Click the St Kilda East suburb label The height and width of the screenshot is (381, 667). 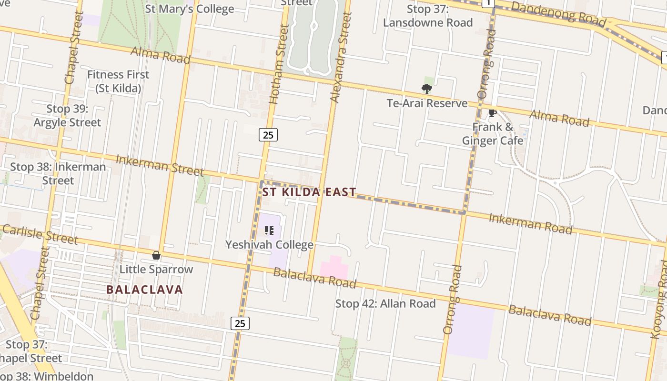309,192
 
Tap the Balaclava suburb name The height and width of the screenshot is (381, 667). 144,290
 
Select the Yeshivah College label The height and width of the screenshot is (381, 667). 269,245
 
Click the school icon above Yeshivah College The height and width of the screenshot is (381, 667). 269,231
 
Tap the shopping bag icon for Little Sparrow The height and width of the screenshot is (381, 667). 156,256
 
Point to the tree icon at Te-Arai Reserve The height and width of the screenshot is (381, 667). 426,89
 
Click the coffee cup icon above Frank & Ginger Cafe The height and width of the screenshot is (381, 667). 493,113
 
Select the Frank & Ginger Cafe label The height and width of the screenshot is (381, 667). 493,134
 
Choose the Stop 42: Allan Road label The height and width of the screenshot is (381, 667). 385,303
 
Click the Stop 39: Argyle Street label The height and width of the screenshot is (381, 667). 67,116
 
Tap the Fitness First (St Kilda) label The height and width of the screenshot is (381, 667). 118,81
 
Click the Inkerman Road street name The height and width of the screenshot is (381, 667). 530,223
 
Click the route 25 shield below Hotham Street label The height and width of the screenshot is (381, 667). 268,135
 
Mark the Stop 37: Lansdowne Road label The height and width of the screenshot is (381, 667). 428,16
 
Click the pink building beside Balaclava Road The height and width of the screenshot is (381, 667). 334,268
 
